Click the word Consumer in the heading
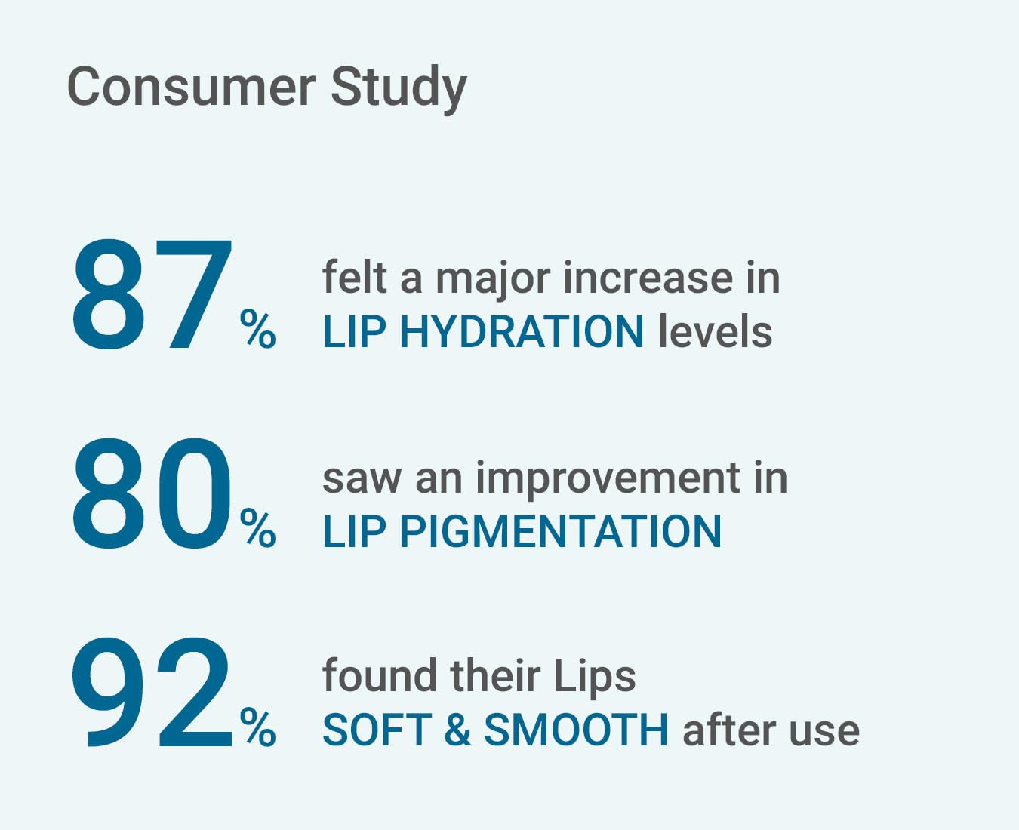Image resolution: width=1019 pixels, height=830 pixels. pyautogui.click(x=192, y=88)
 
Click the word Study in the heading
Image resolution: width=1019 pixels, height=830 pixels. pyautogui.click(x=399, y=90)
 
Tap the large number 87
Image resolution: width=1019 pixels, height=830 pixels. pyautogui.click(x=152, y=294)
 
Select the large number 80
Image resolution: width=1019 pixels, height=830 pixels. pyautogui.click(x=152, y=493)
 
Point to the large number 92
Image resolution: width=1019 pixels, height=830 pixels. pyautogui.click(x=152, y=692)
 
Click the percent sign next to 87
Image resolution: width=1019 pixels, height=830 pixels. pyautogui.click(x=258, y=328)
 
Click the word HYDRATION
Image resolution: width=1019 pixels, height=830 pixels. pyautogui.click(x=522, y=332)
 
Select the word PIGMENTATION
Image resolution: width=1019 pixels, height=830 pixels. pyautogui.click(x=560, y=531)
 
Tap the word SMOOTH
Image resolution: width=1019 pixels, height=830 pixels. pyautogui.click(x=576, y=730)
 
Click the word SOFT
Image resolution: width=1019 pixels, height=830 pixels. pyautogui.click(x=377, y=730)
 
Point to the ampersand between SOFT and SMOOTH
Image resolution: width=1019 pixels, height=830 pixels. pyautogui.click(x=458, y=730)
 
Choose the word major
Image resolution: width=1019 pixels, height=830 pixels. pyautogui.click(x=493, y=280)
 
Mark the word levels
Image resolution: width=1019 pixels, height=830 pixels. pyautogui.click(x=716, y=330)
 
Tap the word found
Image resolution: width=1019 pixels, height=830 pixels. pyautogui.click(x=380, y=675)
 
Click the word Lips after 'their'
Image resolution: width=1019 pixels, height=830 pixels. pyautogui.click(x=595, y=679)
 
